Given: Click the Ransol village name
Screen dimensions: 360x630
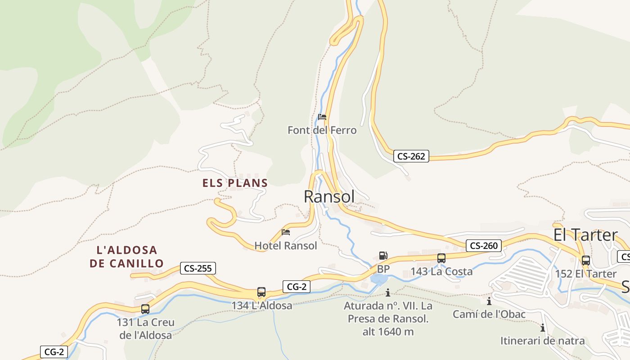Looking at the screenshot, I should [329, 197].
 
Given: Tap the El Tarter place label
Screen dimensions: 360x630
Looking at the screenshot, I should [585, 235].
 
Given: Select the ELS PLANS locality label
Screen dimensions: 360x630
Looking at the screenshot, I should [235, 183].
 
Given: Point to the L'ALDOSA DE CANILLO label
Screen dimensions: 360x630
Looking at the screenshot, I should [126, 256].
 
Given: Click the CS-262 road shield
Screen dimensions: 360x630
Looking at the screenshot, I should [411, 156].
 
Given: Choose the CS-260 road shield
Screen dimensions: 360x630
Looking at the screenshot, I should [483, 246].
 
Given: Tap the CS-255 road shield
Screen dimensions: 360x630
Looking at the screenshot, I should [198, 268].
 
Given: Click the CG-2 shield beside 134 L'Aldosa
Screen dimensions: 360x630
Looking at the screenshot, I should [297, 286].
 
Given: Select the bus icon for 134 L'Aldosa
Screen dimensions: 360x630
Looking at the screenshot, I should [261, 292].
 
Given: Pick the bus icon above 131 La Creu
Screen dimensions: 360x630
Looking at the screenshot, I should [145, 309].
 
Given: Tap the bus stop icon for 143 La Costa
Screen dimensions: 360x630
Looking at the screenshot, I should [441, 258].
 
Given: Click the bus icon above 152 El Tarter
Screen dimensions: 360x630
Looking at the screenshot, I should [586, 261].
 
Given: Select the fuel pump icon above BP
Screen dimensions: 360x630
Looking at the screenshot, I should [383, 256].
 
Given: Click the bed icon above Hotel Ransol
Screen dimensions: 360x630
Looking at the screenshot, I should [286, 233].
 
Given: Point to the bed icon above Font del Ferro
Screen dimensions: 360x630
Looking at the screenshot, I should [322, 117].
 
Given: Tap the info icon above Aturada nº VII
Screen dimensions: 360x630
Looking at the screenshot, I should [388, 293].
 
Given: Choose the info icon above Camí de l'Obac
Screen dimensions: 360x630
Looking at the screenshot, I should [489, 301].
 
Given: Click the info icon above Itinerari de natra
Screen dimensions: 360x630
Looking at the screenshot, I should [543, 328].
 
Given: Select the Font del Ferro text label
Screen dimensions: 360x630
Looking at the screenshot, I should [322, 130].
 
